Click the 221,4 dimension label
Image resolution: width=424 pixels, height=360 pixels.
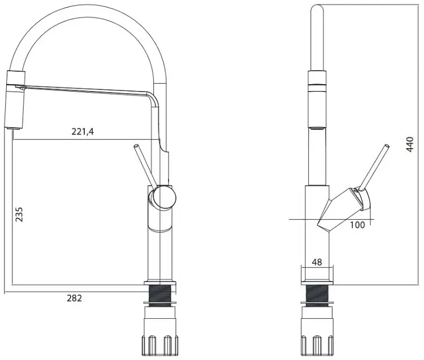pyautogui.click(x=83, y=132)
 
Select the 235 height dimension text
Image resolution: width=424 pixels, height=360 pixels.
pyautogui.click(x=19, y=215)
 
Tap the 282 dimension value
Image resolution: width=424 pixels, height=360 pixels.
pyautogui.click(x=74, y=298)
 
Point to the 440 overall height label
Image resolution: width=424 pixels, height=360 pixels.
pyautogui.click(x=410, y=144)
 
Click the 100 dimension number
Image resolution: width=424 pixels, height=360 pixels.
pyautogui.click(x=357, y=225)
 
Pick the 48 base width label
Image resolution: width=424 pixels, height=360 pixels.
pyautogui.click(x=317, y=262)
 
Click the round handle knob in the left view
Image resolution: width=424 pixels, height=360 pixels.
pyautogui.click(x=163, y=197)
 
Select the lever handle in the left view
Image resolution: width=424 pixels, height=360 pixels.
pyautogui.click(x=145, y=166)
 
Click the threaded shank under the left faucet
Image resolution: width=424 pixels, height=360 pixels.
pyautogui.click(x=161, y=297)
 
